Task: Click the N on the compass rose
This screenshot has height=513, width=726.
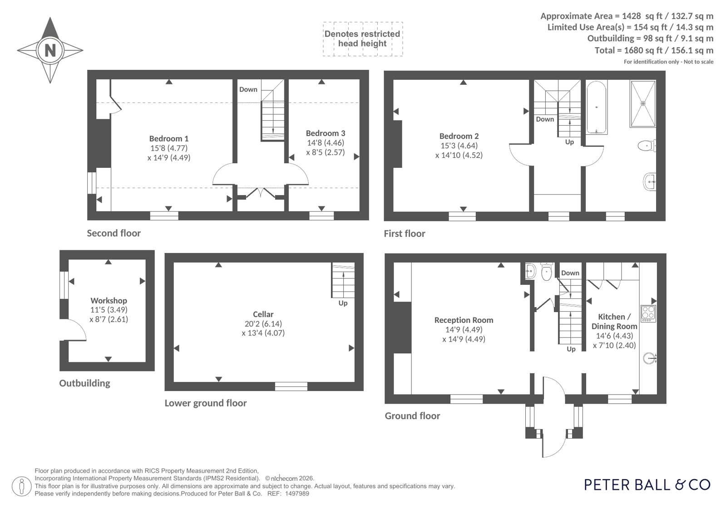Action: click(50, 50)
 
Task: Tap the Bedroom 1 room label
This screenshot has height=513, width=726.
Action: click(168, 139)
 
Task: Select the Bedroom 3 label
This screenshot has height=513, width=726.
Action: click(326, 133)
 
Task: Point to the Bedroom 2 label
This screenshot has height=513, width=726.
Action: click(459, 136)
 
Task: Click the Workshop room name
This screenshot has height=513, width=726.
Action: click(109, 301)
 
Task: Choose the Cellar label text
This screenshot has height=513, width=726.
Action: click(263, 314)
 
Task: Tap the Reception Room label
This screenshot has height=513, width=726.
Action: click(464, 320)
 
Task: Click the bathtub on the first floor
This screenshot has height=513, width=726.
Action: click(596, 107)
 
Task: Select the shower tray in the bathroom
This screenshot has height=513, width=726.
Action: click(643, 103)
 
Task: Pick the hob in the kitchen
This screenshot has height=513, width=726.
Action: click(648, 313)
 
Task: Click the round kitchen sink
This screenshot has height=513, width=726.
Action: click(650, 358)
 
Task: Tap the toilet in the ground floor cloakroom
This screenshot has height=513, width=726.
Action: click(547, 272)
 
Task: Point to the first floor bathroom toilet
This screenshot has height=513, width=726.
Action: click(647, 146)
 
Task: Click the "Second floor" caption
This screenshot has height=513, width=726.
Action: click(114, 233)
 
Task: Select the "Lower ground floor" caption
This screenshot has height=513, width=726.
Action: click(206, 403)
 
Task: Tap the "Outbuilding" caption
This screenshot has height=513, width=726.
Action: click(84, 383)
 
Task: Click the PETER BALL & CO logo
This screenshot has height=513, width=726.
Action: click(647, 485)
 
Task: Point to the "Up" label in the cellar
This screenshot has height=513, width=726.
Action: click(343, 303)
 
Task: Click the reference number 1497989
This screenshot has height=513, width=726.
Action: click(297, 494)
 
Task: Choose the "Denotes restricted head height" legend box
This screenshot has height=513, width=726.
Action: click(363, 39)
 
